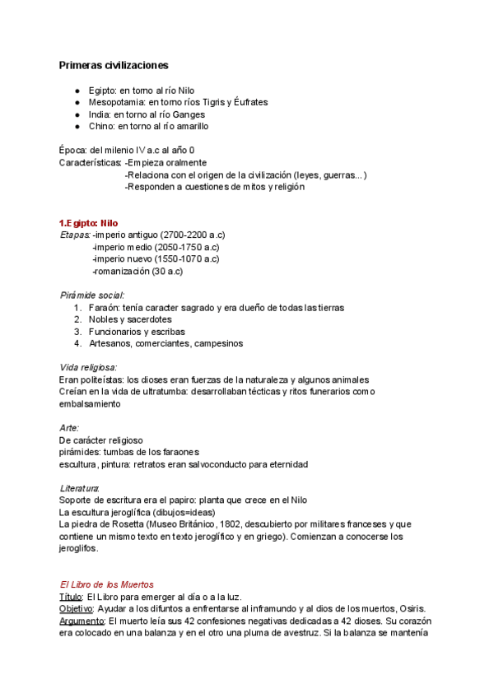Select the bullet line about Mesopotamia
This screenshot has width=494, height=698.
178,102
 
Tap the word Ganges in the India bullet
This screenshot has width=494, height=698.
189,114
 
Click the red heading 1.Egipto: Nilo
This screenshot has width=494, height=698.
89,222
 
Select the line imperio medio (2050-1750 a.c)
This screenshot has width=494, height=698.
156,247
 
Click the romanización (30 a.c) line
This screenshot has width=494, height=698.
137,271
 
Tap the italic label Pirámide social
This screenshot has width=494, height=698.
92,295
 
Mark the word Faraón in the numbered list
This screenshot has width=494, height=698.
104,307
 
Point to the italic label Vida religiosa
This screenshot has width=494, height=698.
88,367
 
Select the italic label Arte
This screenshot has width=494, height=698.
69,428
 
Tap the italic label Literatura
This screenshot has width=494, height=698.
80,488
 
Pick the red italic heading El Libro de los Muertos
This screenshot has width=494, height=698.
106,584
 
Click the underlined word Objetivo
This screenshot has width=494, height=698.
77,608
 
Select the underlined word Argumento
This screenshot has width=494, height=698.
82,621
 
